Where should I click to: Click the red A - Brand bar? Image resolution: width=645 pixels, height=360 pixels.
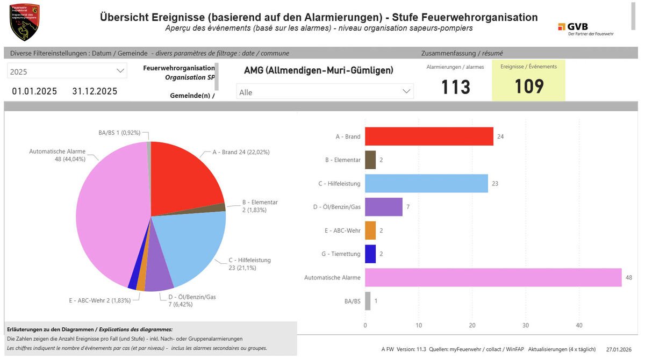pos(429,136)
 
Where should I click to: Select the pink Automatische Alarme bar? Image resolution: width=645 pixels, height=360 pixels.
pos(493,277)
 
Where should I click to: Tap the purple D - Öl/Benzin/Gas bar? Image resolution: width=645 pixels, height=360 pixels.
pos(383,207)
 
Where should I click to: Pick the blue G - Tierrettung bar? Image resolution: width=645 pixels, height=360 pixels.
pos(370,254)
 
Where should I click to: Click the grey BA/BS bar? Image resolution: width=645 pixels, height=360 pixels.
pos(368,301)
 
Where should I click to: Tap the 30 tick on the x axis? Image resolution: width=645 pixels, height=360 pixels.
pos(525,325)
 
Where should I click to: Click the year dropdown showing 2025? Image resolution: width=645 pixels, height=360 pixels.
pos(67,71)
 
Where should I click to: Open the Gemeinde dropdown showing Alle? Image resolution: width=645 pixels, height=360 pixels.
pos(325,92)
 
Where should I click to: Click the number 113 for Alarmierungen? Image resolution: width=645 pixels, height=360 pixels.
pos(455,87)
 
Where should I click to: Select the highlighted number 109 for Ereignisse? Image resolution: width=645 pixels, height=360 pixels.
pos(529,87)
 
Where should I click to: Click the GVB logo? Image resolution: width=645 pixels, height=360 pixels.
pos(585,28)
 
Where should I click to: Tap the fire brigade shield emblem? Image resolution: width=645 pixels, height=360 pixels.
pos(24,22)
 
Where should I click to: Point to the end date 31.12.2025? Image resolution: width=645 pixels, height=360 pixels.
pos(95,91)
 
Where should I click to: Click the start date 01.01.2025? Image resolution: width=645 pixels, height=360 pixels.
pos(34,91)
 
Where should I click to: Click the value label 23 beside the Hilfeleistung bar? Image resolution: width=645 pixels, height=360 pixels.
pos(495,184)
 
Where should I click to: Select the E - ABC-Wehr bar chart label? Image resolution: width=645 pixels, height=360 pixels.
pos(342,231)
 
